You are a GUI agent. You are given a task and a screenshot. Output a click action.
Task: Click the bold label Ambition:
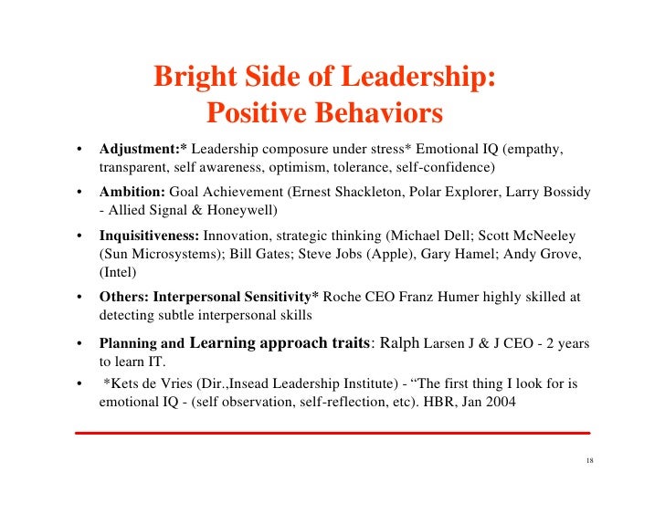(x=132, y=193)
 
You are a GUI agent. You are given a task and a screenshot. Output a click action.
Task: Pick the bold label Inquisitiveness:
(x=149, y=236)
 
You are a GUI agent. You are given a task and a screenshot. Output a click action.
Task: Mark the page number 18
(x=588, y=460)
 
